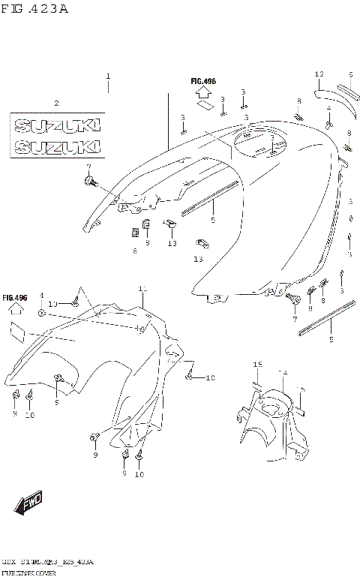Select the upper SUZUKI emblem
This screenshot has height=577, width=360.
tap(56, 123)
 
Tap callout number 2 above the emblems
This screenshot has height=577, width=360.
tap(55, 103)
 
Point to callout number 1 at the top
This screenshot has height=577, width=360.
tap(108, 77)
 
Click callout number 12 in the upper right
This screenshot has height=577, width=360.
tap(319, 74)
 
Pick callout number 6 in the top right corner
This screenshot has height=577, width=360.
tap(349, 74)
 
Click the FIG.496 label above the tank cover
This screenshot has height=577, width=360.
tap(203, 81)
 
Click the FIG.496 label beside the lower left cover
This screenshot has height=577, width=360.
tap(15, 298)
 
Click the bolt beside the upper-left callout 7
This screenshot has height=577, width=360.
tap(91, 181)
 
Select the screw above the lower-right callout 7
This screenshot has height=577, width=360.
tap(293, 299)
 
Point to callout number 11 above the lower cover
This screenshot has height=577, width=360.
tap(142, 288)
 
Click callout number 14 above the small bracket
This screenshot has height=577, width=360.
tap(283, 372)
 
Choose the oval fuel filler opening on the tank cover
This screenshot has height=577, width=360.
tap(259, 142)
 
